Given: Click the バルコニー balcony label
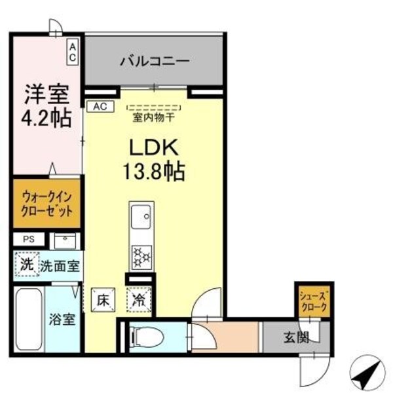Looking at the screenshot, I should pos(154,62).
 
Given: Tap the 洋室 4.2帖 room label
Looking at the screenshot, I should pos(47,107).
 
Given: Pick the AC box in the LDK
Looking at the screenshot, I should pos(100,105).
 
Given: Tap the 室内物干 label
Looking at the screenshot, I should pos(153,118).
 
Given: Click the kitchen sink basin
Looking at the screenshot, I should pos(141,216).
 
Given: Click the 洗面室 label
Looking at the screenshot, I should pos(60,266).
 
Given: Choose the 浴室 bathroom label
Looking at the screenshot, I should pos(64,320).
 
